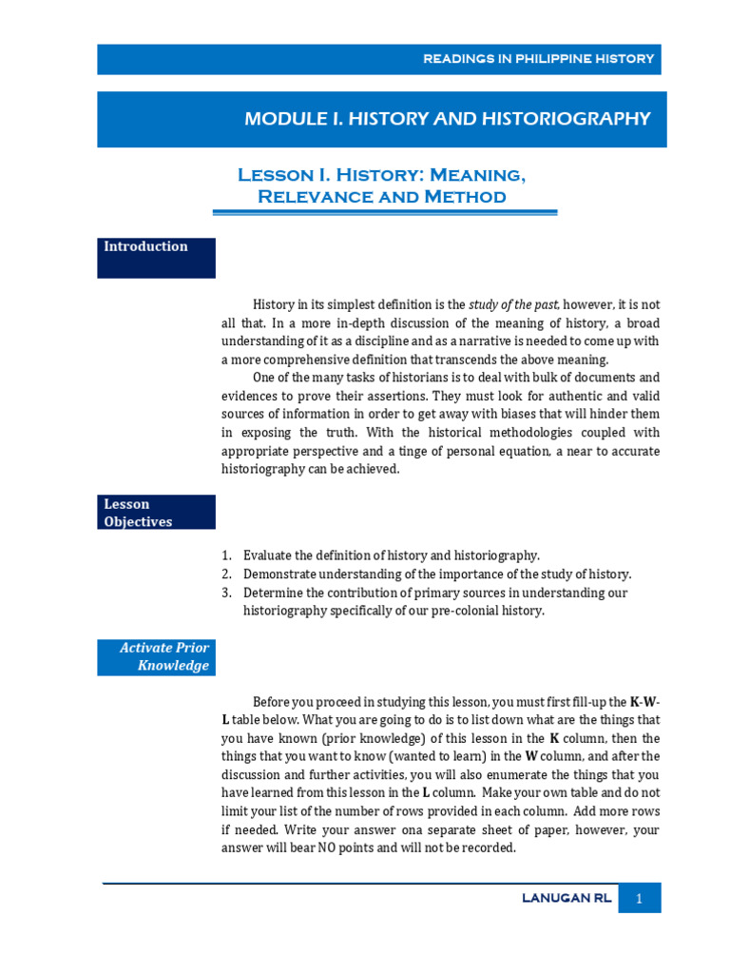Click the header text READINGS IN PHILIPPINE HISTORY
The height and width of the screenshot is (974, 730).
[539, 59]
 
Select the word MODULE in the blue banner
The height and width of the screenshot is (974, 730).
[282, 119]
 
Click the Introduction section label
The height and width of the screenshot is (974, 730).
[145, 246]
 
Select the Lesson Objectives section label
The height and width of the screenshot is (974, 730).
[139, 513]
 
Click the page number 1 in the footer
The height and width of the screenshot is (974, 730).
[640, 898]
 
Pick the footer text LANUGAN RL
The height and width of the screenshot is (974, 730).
[567, 898]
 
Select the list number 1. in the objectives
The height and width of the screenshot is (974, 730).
[226, 555]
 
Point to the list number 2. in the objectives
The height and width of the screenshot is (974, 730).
[226, 575]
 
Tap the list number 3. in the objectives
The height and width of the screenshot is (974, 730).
[226, 593]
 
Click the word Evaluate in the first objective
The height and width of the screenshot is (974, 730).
[269, 555]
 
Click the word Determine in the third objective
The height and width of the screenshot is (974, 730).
[275, 593]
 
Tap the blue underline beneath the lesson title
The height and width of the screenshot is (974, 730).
[384, 213]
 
